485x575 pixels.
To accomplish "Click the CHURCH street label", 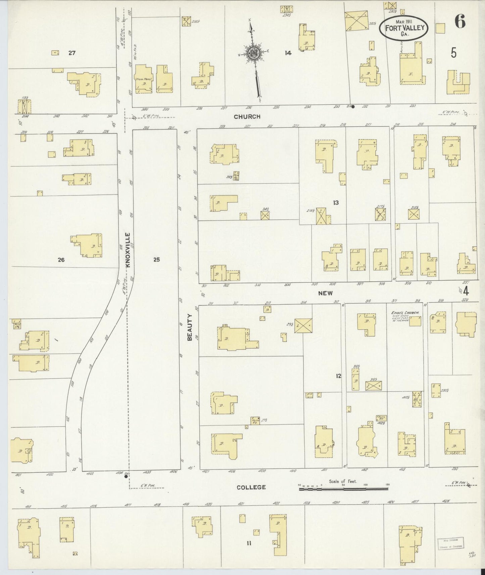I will click(x=247, y=117).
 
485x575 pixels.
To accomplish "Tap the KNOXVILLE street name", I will click(x=128, y=250).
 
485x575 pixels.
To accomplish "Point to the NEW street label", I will click(x=325, y=293).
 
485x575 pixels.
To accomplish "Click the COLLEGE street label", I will click(x=251, y=487).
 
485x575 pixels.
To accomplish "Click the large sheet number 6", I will click(x=460, y=22).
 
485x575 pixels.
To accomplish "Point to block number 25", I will click(x=156, y=259).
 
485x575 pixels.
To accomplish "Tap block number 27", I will click(x=72, y=53).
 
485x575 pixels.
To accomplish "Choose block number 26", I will click(x=61, y=260).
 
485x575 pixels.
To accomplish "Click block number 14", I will click(x=288, y=53).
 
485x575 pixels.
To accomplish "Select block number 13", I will click(x=336, y=203).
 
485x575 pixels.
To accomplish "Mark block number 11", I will click(x=249, y=543).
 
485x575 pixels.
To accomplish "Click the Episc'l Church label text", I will click(x=405, y=313).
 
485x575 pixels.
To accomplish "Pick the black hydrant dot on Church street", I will click(x=353, y=107).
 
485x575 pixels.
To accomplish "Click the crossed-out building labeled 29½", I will click(x=303, y=325).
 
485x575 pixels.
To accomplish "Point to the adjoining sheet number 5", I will click(x=453, y=53).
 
